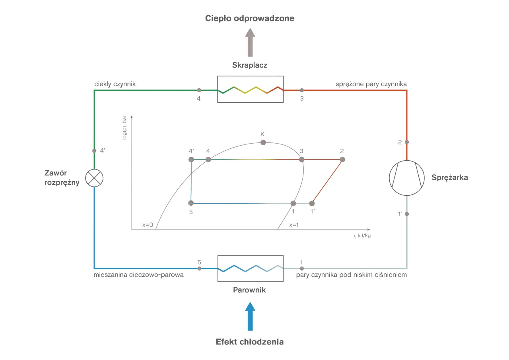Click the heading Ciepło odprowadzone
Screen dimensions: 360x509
(x=250, y=18)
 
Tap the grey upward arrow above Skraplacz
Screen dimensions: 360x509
(x=250, y=43)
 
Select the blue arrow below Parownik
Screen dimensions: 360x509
(x=250, y=316)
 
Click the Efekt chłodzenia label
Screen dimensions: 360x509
(x=250, y=342)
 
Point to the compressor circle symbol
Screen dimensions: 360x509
(x=406, y=177)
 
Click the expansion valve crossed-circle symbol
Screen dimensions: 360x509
(x=94, y=177)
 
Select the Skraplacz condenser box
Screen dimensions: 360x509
(x=250, y=89)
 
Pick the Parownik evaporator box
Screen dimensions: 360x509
(x=250, y=268)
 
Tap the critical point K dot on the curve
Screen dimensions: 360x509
(x=263, y=142)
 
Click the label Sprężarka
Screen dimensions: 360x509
(x=449, y=178)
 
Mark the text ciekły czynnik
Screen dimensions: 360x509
(x=115, y=84)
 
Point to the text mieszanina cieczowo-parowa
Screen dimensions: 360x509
(x=139, y=275)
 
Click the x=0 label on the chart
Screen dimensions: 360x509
(x=148, y=225)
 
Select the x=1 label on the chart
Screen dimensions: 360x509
(x=295, y=225)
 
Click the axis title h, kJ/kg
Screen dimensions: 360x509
(x=361, y=235)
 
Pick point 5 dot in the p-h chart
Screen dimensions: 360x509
(x=191, y=203)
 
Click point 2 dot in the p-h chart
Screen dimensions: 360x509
(x=342, y=160)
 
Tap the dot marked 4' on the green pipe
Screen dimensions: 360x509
(x=94, y=151)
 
